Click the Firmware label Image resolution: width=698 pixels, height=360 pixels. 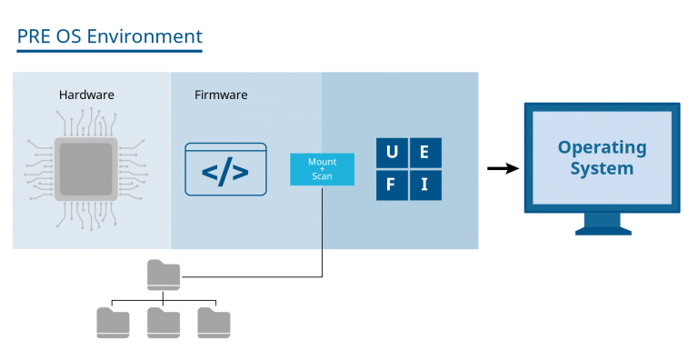(221, 95)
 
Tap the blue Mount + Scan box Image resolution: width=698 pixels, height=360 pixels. (322, 169)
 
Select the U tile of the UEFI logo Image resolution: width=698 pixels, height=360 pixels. (392, 152)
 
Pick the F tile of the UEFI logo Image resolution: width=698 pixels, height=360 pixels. (392, 185)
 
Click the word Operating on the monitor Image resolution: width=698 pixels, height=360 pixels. (602, 147)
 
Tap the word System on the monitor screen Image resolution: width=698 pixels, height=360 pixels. (602, 168)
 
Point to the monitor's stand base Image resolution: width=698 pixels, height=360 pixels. (602, 229)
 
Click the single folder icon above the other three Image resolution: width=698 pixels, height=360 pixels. (164, 275)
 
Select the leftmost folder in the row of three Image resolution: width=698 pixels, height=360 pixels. (113, 323)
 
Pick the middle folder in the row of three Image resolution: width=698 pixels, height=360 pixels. (164, 323)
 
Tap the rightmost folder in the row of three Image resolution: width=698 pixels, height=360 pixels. (214, 323)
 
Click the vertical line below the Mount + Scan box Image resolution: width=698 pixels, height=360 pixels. (322, 218)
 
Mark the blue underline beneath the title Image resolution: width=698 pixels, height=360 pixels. (109, 51)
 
